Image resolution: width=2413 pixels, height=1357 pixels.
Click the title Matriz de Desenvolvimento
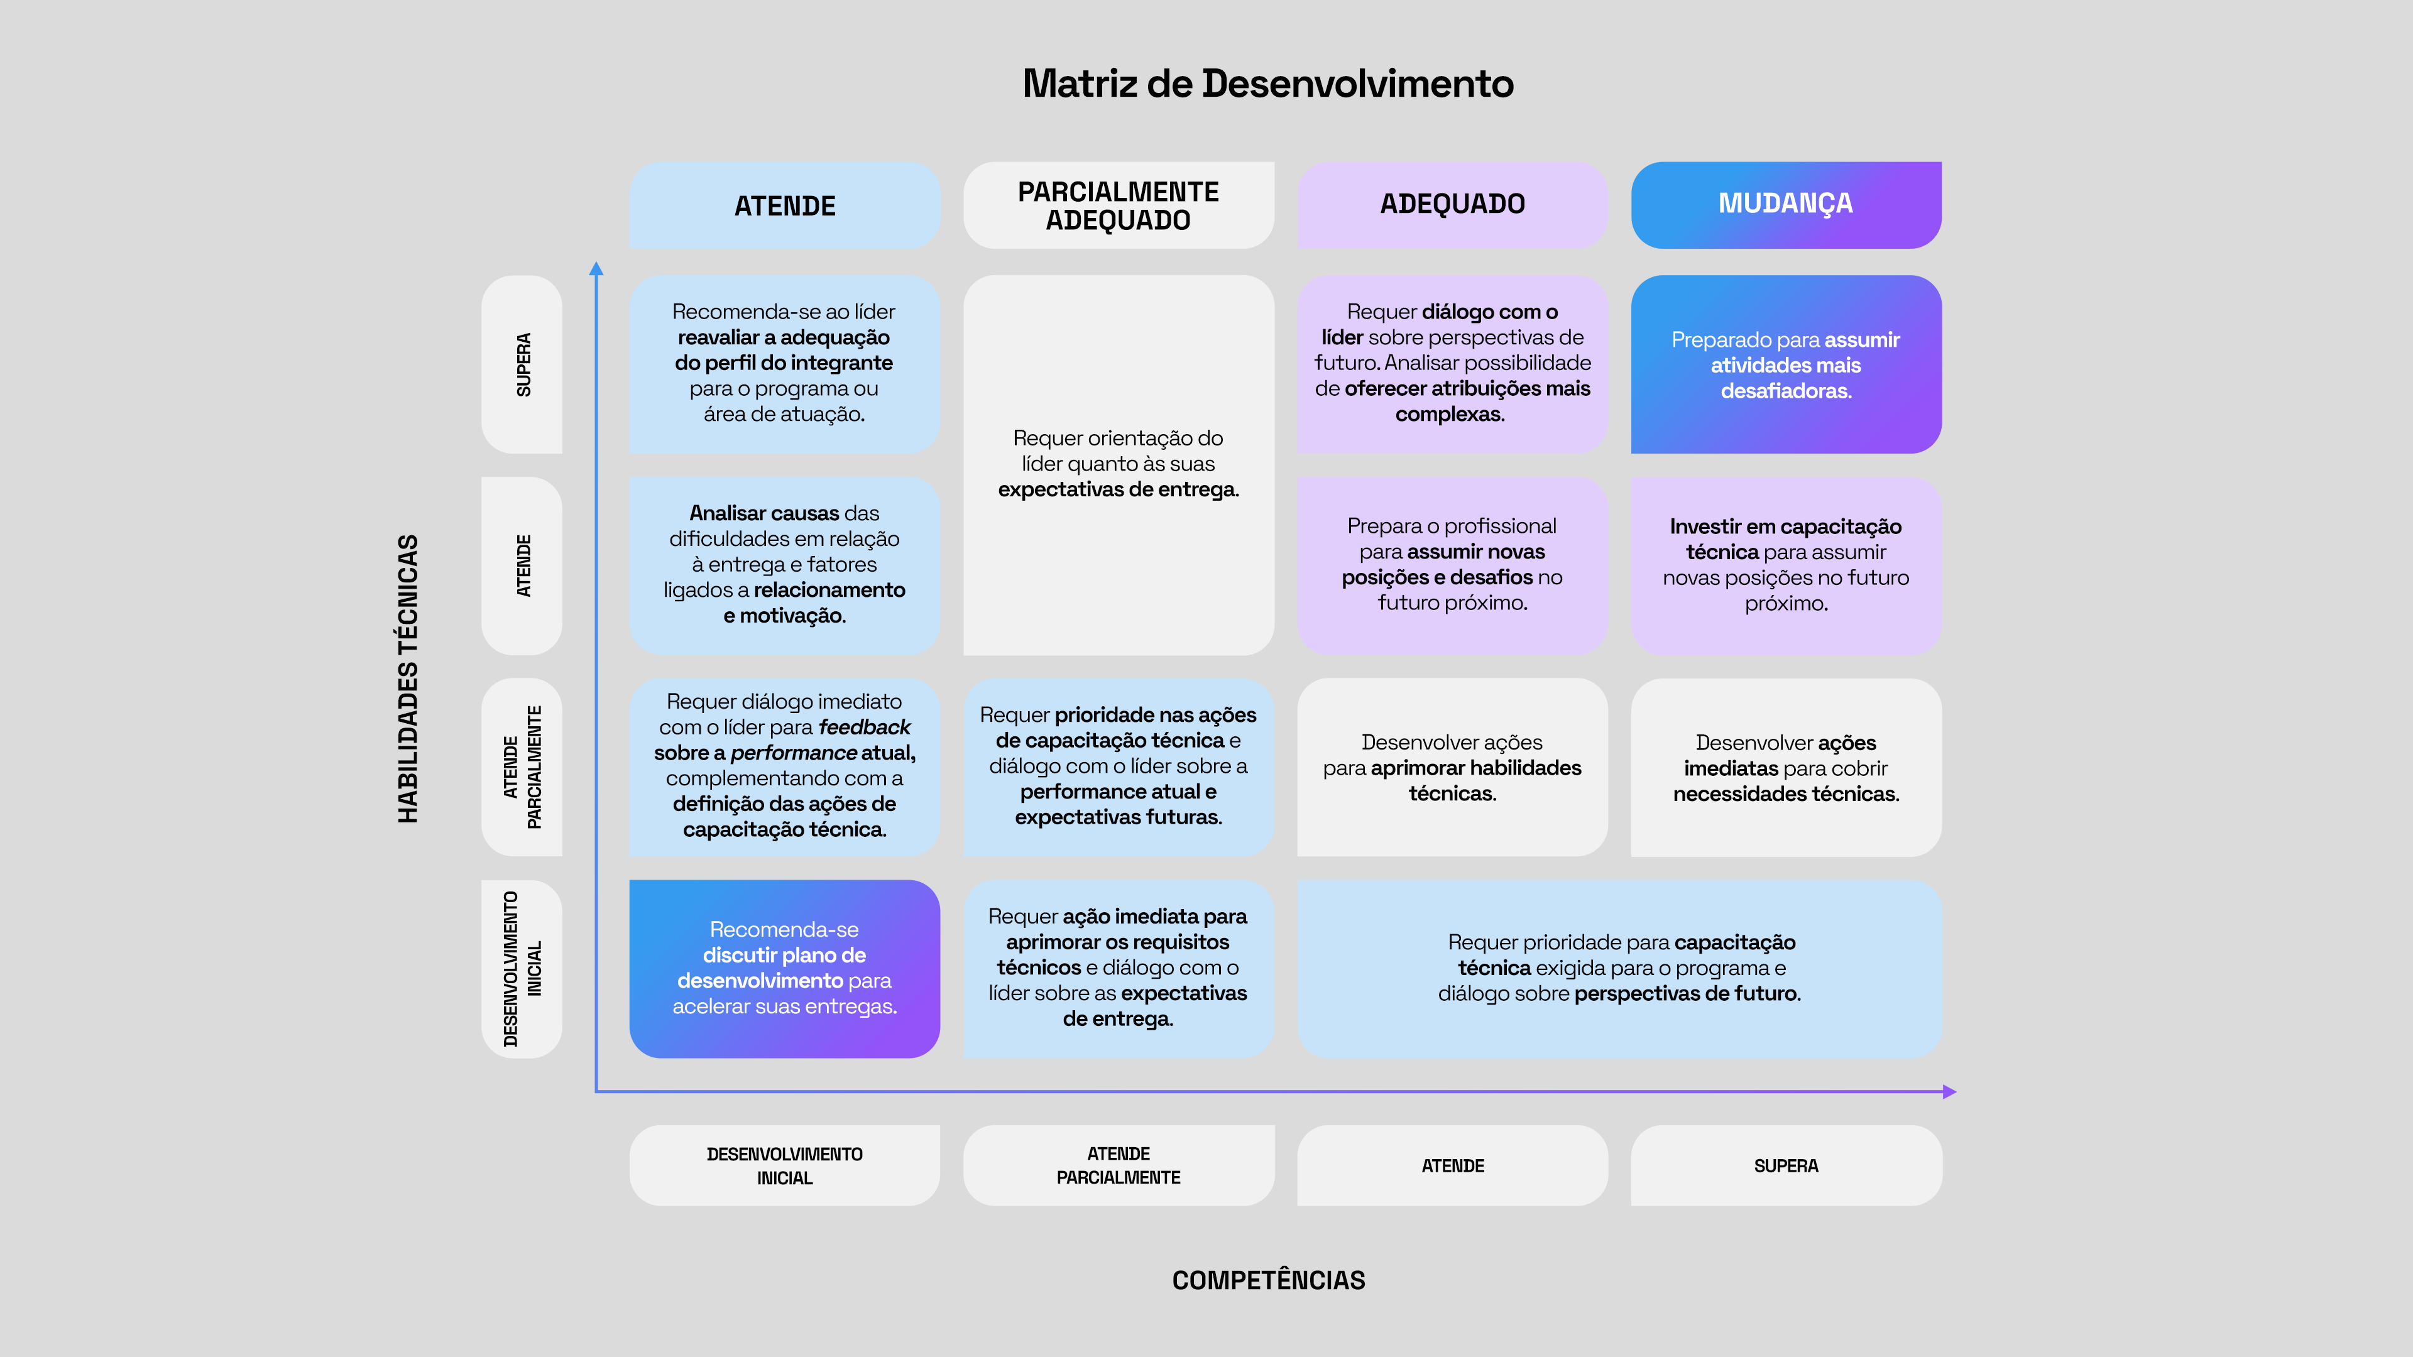click(1267, 84)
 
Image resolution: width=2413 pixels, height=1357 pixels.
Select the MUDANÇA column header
click(1785, 204)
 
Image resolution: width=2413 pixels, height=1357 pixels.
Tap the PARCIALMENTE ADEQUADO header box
click(1119, 205)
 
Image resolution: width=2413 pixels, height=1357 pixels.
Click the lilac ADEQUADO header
click(1452, 204)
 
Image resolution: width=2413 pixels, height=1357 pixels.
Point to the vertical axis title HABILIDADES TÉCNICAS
click(407, 679)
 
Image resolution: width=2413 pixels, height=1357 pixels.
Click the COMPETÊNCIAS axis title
click(1268, 1280)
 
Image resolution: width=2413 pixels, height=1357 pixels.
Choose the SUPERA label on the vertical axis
click(523, 364)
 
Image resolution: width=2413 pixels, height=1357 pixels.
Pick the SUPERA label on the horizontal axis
click(1785, 1166)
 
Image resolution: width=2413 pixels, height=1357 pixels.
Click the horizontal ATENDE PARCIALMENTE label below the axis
click(1119, 1166)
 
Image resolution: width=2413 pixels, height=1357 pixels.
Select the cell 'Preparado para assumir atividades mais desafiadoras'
click(1785, 364)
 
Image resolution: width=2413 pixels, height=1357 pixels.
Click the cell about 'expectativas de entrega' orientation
click(1119, 464)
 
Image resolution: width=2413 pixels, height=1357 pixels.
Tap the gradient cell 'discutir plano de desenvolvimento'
click(784, 968)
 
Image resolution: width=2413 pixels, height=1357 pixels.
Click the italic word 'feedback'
click(863, 728)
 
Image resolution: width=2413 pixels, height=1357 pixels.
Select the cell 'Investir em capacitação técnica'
click(1785, 565)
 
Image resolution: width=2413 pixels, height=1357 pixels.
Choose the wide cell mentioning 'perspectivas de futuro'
click(1619, 968)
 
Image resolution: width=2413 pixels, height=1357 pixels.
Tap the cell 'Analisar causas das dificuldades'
click(784, 565)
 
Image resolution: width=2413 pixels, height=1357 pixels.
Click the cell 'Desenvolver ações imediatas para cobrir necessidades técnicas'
click(1785, 768)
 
